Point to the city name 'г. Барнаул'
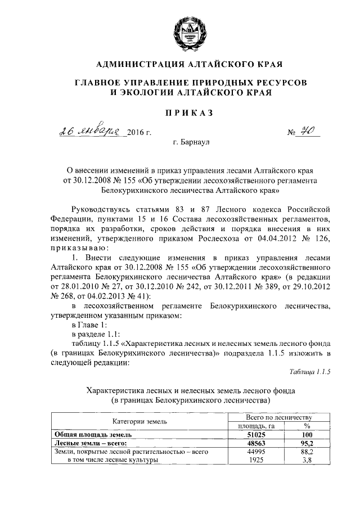[x=191, y=143]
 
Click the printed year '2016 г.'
[x=140, y=133]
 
